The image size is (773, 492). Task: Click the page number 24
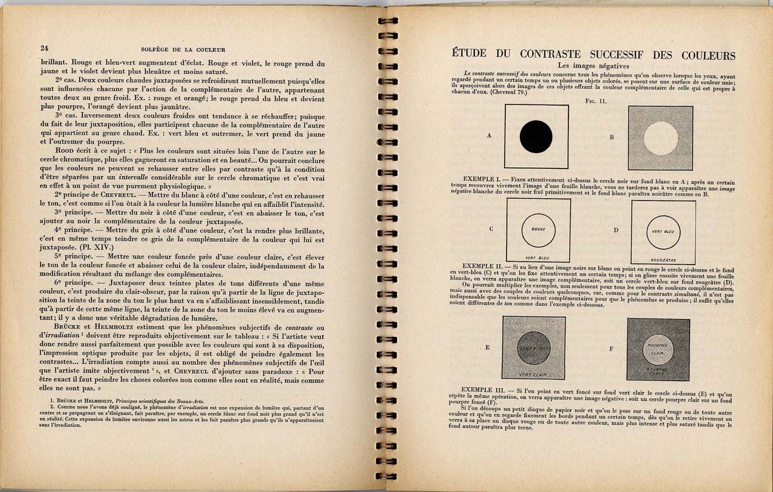(x=44, y=49)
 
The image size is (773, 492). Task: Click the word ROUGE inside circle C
(x=539, y=229)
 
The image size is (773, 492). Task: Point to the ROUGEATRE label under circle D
(x=663, y=260)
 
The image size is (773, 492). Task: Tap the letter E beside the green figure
(x=487, y=348)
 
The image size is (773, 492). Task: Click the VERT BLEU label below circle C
(x=537, y=258)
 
